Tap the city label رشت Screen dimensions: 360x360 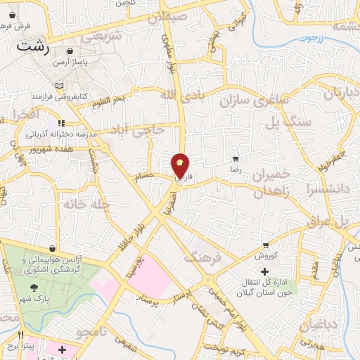click(x=33, y=48)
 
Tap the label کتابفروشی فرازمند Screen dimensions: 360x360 click(x=87, y=94)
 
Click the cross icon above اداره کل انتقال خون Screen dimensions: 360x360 click(x=264, y=271)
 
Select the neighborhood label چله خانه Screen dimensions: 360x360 click(x=83, y=204)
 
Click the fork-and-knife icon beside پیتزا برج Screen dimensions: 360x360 click(x=21, y=335)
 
